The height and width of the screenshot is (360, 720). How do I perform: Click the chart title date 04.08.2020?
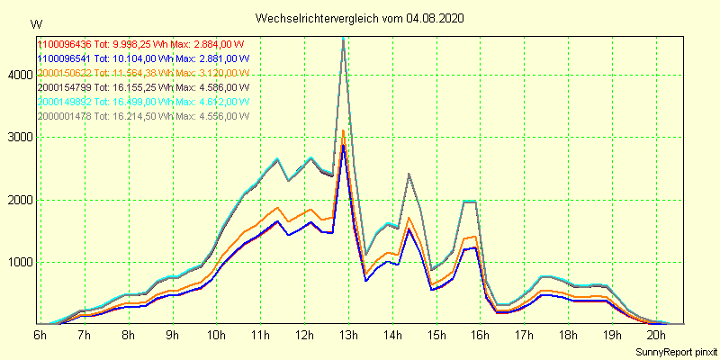[x=436, y=18]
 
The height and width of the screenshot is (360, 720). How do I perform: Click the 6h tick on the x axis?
[x=40, y=335]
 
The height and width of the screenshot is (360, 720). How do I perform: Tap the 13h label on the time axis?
[x=348, y=335]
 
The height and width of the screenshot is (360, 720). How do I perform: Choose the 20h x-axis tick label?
[x=656, y=335]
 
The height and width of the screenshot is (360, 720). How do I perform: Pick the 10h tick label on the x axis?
[x=216, y=335]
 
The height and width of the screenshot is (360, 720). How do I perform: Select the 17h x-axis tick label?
[x=524, y=335]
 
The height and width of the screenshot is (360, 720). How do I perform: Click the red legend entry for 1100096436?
[x=65, y=44]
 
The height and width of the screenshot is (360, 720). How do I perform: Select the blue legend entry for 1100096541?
[x=65, y=58]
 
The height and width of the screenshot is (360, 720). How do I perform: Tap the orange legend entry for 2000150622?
[x=65, y=73]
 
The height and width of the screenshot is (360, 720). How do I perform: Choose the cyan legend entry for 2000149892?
[x=65, y=102]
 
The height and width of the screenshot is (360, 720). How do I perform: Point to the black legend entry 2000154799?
[x=65, y=87]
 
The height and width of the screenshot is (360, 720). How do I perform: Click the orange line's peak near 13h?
[x=343, y=130]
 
